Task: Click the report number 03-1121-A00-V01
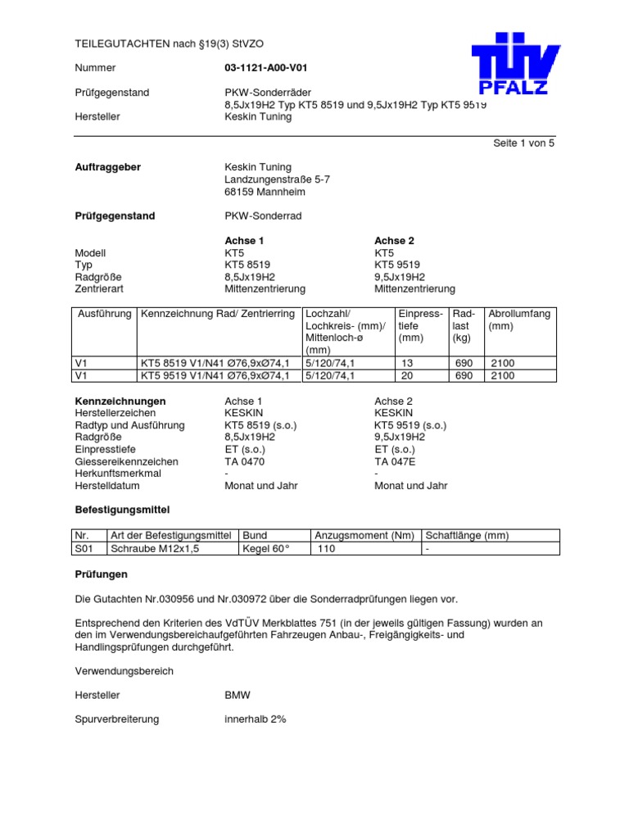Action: (x=260, y=68)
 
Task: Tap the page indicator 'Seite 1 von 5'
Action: (x=523, y=143)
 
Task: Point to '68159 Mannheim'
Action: (x=265, y=192)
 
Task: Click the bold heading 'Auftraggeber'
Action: (x=108, y=167)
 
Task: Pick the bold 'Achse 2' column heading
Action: (x=394, y=241)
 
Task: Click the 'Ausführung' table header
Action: (x=104, y=314)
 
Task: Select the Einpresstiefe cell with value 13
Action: (x=408, y=363)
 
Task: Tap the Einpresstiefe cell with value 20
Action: (x=408, y=375)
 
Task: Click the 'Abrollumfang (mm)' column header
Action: (x=519, y=320)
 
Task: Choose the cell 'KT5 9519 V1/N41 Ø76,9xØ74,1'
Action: (x=215, y=375)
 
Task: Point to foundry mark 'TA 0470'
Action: (x=245, y=461)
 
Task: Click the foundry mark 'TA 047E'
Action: (x=395, y=461)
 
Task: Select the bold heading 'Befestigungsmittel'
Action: (x=122, y=510)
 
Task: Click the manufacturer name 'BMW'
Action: (x=238, y=695)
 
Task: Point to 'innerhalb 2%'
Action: (x=256, y=719)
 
